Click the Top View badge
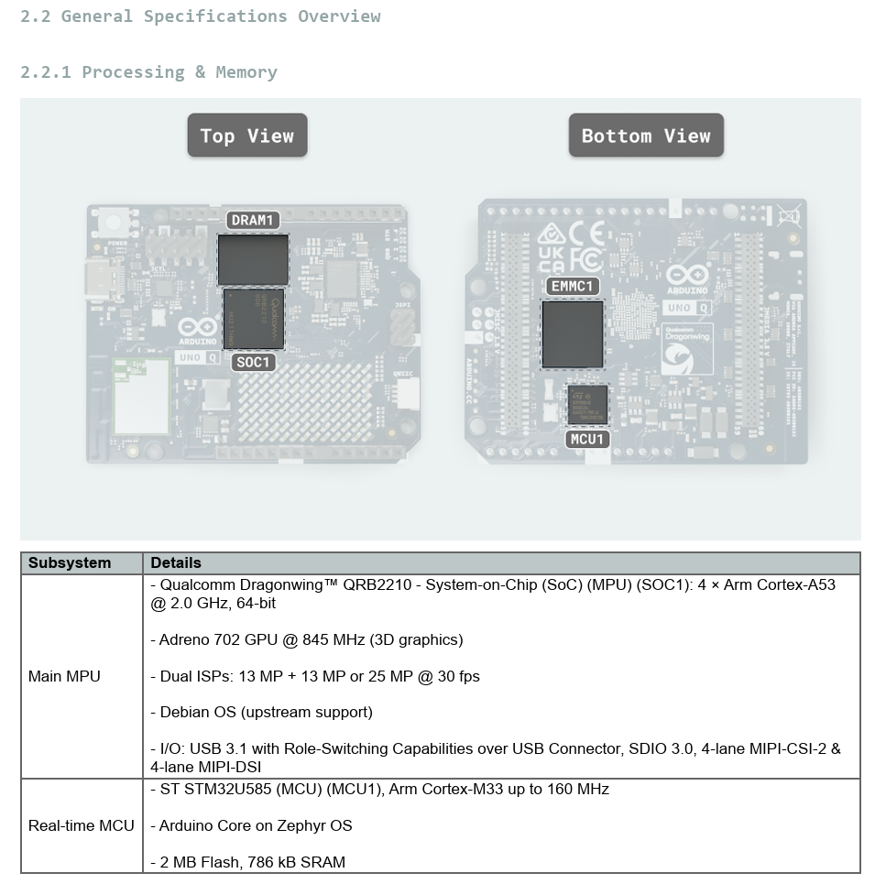click(247, 136)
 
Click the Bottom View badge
click(646, 136)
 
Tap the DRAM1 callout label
click(253, 220)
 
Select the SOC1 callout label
click(253, 362)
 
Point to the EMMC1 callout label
click(574, 286)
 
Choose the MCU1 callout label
click(587, 439)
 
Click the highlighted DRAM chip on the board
click(253, 259)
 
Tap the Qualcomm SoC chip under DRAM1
click(254, 319)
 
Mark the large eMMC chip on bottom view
click(573, 333)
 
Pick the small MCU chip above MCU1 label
click(587, 404)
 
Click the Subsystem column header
click(70, 562)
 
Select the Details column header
click(176, 562)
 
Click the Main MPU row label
click(64, 676)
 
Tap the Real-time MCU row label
click(82, 825)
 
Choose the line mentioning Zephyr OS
click(251, 825)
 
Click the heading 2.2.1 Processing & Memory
click(148, 72)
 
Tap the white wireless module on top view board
click(141, 397)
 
